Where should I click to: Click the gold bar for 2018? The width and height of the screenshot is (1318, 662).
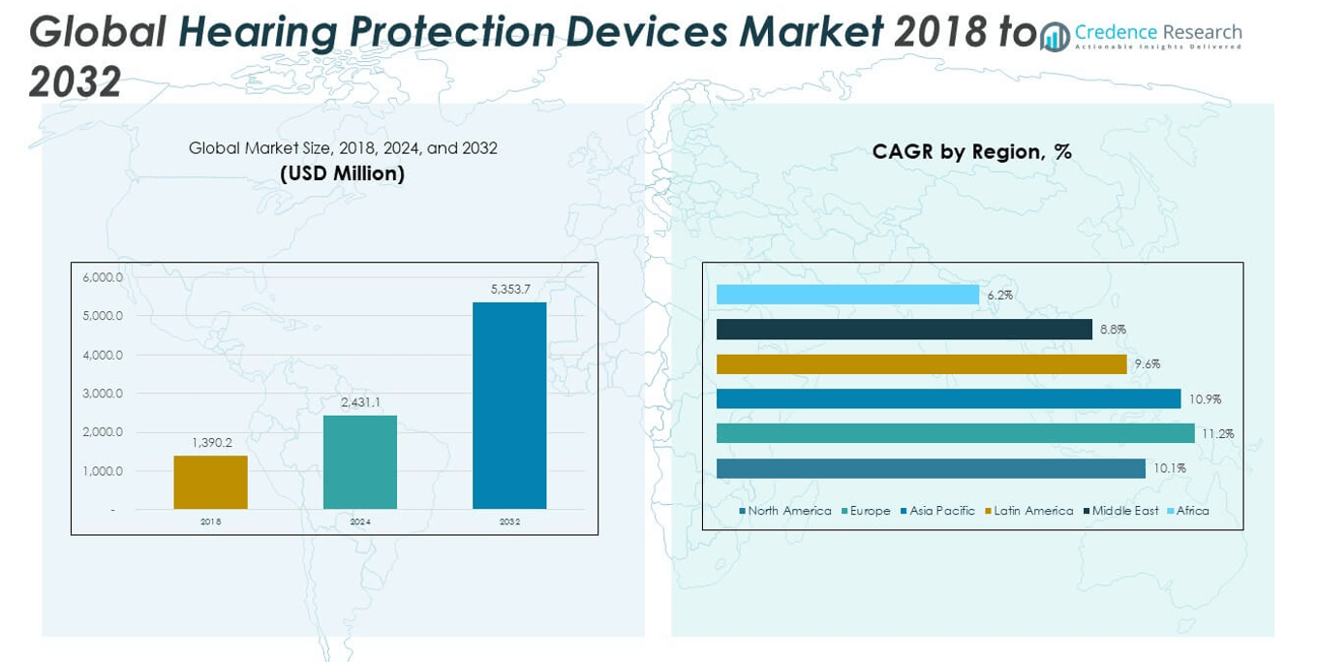point(211,483)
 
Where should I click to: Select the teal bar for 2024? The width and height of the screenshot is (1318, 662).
point(360,462)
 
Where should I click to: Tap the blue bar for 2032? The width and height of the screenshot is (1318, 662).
point(509,406)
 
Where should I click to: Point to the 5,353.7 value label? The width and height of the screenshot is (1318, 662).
point(510,289)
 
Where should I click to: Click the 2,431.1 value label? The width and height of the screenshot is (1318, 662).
point(360,402)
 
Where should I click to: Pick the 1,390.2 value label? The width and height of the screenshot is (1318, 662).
point(212,442)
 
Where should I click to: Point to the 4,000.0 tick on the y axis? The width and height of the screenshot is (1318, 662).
point(103,355)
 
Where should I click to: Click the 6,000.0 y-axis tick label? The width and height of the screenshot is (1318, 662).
point(103,277)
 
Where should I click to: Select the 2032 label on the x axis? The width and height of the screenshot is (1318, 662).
point(509,521)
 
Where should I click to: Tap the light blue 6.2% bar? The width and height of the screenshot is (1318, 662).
point(848,295)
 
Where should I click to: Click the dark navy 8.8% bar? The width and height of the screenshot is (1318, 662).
point(904,330)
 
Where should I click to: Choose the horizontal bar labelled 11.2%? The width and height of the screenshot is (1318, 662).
point(956,433)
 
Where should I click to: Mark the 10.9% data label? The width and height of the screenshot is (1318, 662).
point(1205,399)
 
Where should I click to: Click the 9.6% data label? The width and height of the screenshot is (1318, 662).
point(1148,364)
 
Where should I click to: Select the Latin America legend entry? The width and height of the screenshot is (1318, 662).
point(1029,511)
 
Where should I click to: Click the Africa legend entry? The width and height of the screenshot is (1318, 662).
point(1188,511)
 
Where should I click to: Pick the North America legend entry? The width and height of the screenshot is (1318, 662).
point(785,511)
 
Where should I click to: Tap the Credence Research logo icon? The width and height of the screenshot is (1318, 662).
point(1055,37)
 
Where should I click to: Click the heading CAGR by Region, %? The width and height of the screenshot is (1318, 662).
point(971,152)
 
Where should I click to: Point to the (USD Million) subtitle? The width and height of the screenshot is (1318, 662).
point(343,173)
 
